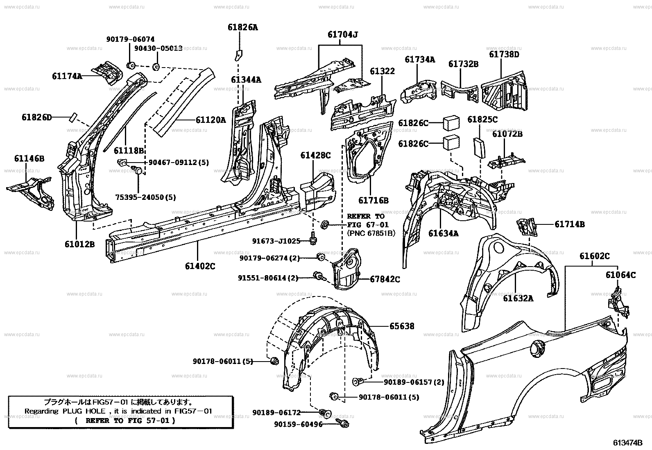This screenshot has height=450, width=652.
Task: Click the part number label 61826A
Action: [x=243, y=27]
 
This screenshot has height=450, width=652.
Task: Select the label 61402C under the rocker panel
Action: [x=200, y=266]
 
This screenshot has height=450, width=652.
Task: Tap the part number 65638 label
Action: [x=401, y=326]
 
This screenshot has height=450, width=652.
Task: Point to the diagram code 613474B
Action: [x=627, y=443]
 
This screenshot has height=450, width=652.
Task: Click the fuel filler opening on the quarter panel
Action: [x=537, y=349]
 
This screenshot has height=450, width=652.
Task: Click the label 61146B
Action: [x=29, y=158]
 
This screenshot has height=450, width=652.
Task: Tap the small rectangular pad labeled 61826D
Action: [x=72, y=118]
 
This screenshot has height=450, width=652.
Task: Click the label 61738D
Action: [x=504, y=54]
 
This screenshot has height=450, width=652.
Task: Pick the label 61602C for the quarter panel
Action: [x=594, y=256]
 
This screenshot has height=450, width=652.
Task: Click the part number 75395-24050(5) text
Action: [x=139, y=197]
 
